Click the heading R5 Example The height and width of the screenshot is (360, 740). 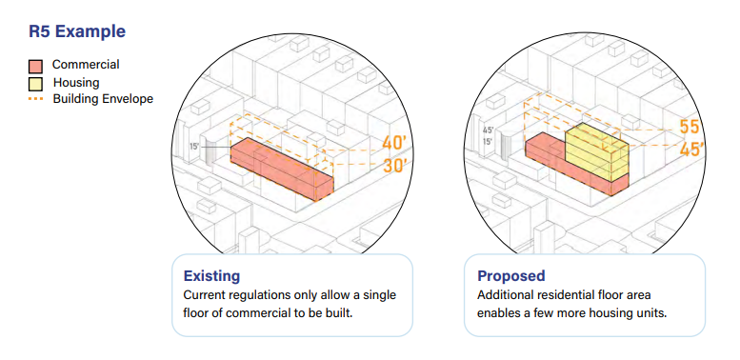tap(77, 30)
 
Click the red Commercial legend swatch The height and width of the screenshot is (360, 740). tap(36, 66)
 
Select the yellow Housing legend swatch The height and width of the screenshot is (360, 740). tap(36, 83)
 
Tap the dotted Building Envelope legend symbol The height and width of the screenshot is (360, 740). tap(36, 98)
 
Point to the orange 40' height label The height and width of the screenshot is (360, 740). tap(394, 144)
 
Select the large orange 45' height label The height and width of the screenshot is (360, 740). tap(691, 150)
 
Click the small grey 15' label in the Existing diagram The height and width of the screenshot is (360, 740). tap(193, 146)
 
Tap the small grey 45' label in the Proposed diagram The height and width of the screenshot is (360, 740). tap(489, 129)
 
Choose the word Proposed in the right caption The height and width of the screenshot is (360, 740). tap(511, 276)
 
